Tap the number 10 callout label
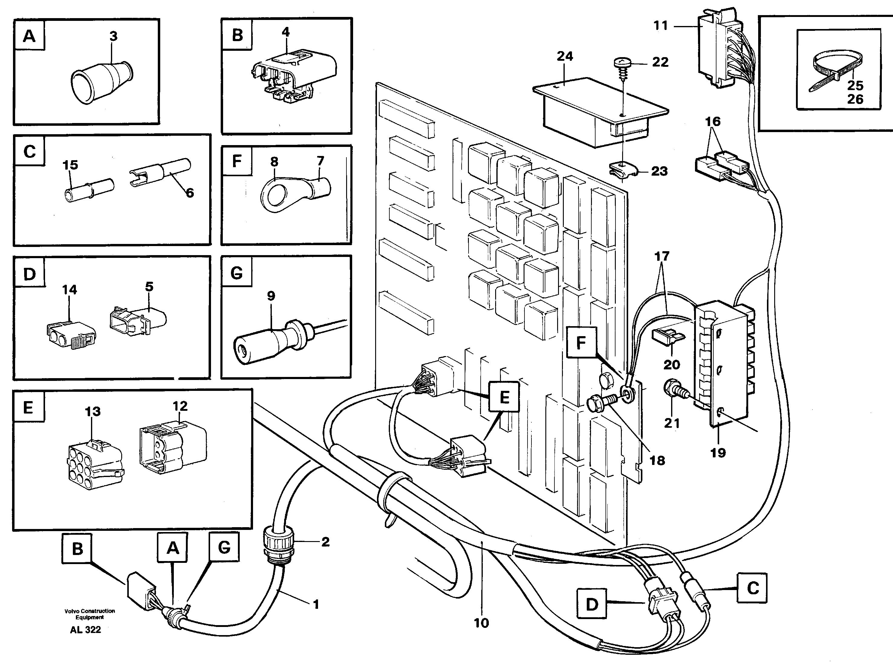[x=481, y=623]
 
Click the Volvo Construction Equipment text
[x=89, y=614]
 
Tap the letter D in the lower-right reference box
[x=592, y=604]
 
